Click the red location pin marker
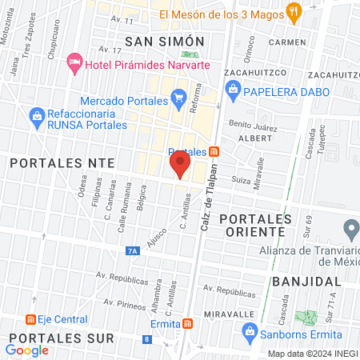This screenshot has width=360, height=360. click(179, 166)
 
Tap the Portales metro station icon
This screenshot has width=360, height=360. click(214, 152)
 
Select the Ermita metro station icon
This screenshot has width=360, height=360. click(187, 323)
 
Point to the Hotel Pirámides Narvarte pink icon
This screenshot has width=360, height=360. click(75, 62)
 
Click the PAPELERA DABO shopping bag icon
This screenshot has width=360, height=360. click(233, 90)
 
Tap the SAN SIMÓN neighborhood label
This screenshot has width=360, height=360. click(166, 40)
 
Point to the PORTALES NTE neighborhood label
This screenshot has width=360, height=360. click(62, 162)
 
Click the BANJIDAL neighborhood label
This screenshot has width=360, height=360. click(303, 282)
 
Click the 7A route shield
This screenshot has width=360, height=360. click(133, 251)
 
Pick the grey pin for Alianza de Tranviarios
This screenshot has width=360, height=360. click(349, 229)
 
